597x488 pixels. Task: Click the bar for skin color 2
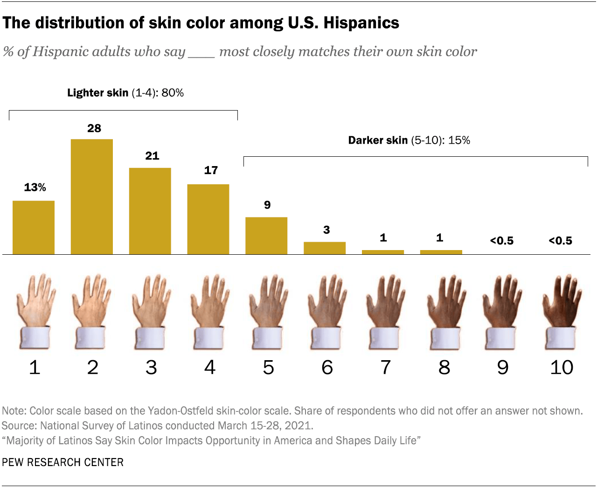click(91, 196)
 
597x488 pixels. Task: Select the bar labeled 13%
click(34, 227)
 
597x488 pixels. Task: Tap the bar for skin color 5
click(266, 236)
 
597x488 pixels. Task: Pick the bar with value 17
click(208, 219)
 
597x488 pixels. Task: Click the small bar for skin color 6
click(325, 248)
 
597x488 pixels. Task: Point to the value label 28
click(94, 128)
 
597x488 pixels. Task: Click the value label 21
click(152, 156)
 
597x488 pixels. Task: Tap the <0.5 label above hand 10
click(560, 241)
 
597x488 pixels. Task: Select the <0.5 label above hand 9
click(502, 241)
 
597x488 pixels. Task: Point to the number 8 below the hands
click(444, 368)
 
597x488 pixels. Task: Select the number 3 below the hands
click(151, 368)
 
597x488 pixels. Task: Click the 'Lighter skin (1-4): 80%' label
click(125, 93)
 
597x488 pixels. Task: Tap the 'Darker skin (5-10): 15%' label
click(409, 140)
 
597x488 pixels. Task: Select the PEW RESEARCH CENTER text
click(63, 462)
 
